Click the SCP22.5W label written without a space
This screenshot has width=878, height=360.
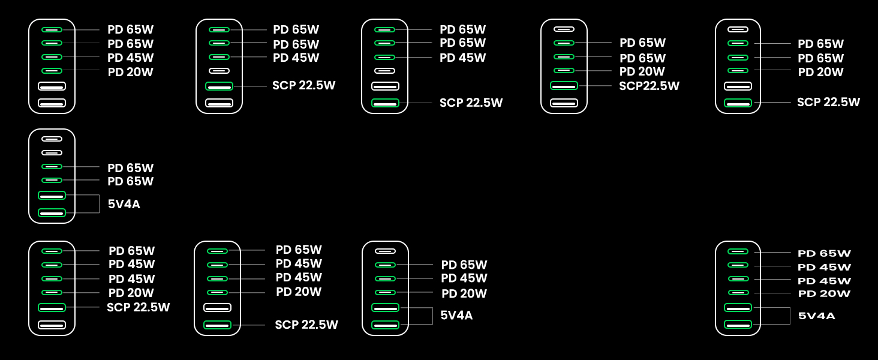[649, 86]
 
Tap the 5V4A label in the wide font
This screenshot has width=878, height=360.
[816, 316]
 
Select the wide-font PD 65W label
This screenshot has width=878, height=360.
[824, 253]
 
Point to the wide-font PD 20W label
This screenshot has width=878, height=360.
[824, 293]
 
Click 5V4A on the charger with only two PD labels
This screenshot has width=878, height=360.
[124, 204]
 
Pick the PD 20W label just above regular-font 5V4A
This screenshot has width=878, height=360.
[464, 293]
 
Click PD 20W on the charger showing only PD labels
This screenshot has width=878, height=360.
[131, 72]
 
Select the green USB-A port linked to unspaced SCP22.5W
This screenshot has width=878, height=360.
[564, 86]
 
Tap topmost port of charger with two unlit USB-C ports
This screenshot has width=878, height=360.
[52, 139]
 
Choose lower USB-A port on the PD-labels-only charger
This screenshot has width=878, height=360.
[52, 103]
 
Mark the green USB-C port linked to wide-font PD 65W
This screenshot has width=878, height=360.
[738, 251]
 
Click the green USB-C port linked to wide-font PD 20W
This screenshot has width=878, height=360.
[738, 293]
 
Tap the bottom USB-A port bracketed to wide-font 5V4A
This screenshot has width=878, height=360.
[738, 325]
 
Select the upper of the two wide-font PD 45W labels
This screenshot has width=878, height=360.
[824, 267]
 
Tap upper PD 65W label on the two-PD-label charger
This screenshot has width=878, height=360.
[131, 168]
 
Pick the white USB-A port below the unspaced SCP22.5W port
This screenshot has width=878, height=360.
[564, 103]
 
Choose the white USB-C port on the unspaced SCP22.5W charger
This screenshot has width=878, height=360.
[564, 29]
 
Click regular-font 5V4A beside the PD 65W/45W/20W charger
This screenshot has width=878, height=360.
[456, 315]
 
